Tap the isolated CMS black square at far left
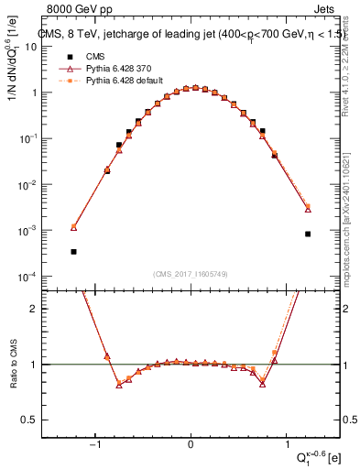click(73, 251)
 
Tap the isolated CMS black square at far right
click(308, 234)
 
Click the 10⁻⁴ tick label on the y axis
click(27, 277)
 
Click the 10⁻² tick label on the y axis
click(27, 184)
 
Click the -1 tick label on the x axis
click(95, 444)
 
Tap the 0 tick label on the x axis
click(191, 444)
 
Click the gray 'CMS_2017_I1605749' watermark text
click(191, 274)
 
